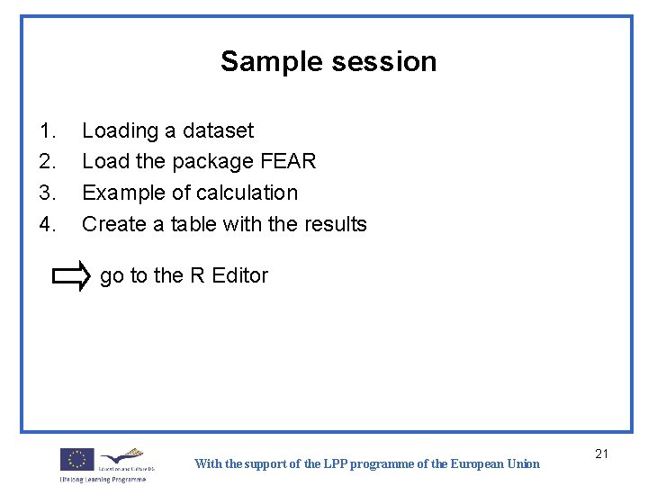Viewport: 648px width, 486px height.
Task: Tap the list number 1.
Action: tap(48, 131)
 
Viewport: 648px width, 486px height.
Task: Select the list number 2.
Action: tap(48, 162)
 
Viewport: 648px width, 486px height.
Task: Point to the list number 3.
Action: tap(48, 193)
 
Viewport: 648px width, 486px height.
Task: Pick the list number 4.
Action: tap(48, 224)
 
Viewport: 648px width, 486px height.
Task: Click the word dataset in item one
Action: tap(218, 131)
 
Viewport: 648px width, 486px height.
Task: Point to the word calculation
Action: tap(243, 193)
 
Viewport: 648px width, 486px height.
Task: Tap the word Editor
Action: tap(240, 275)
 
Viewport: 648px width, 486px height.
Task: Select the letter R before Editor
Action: tap(198, 275)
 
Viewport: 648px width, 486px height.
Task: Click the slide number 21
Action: tap(602, 454)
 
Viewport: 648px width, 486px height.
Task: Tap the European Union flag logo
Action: tap(76, 460)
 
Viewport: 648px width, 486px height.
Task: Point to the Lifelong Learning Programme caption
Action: tap(103, 479)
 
